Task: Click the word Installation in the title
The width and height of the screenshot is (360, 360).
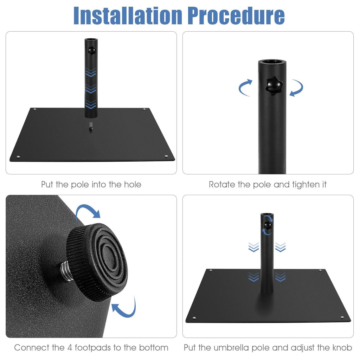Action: (x=128, y=15)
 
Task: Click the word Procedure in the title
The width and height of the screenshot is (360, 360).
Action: (x=236, y=15)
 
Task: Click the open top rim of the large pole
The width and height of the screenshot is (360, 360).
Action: (x=272, y=62)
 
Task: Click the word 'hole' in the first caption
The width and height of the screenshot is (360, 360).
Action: (x=133, y=184)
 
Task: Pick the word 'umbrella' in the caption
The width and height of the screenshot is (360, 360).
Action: (x=231, y=348)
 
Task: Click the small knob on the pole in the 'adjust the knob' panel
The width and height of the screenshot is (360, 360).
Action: (x=268, y=225)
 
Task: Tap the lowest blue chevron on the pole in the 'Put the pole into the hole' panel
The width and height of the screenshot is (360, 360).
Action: (x=91, y=104)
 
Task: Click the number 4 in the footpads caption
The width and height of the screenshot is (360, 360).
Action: (x=70, y=348)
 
